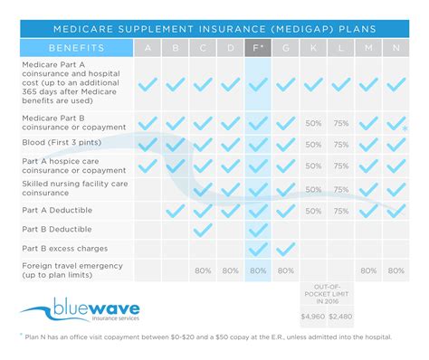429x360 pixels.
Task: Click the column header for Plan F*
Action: pyautogui.click(x=258, y=47)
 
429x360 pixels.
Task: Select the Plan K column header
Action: pyautogui.click(x=314, y=47)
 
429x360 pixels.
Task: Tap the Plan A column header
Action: pyautogui.click(x=148, y=47)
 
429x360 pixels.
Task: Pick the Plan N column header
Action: pyautogui.click(x=396, y=47)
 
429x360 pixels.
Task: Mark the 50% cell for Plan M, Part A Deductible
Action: pyautogui.click(x=369, y=209)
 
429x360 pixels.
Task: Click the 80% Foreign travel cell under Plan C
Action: pyautogui.click(x=203, y=270)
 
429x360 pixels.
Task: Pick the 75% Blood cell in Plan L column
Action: pyautogui.click(x=341, y=144)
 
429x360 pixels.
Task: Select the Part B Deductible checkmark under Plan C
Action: pyautogui.click(x=203, y=229)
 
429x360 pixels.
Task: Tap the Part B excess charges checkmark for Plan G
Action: pyautogui.click(x=286, y=249)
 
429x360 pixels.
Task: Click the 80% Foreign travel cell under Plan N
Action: pyautogui.click(x=396, y=270)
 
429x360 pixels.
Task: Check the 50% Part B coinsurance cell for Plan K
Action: pyautogui.click(x=314, y=122)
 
